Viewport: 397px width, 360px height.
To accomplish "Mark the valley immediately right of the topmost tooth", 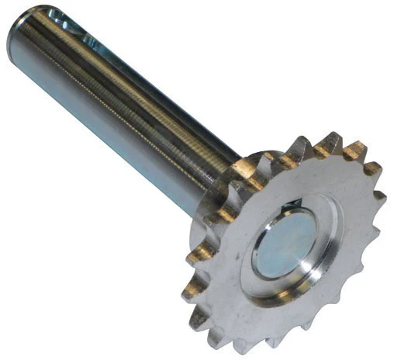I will (x=341, y=155).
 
